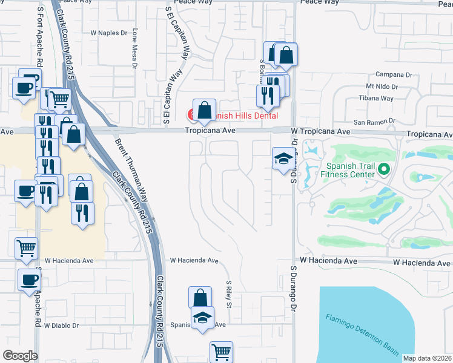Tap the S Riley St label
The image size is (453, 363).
point(229,293)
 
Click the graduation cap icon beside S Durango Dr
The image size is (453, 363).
point(283,159)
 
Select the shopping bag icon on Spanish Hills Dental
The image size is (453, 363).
point(205,111)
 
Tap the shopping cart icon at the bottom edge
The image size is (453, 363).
point(222,352)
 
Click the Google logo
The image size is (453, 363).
point(20,355)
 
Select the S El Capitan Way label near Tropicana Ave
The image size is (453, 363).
point(165,97)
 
